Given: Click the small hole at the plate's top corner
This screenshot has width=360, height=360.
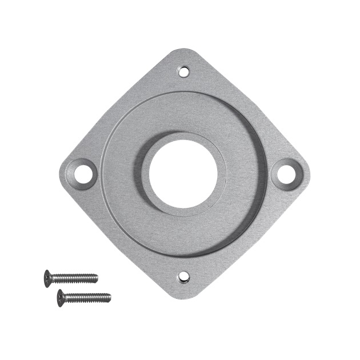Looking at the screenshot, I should pyautogui.click(x=183, y=72).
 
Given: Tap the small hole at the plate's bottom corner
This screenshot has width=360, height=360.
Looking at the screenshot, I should pyautogui.click(x=183, y=277).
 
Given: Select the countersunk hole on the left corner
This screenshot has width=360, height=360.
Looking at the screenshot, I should pyautogui.click(x=83, y=172).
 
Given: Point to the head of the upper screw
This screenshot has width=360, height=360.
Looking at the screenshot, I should pyautogui.click(x=48, y=278).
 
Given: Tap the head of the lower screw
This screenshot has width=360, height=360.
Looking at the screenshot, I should pyautogui.click(x=61, y=298).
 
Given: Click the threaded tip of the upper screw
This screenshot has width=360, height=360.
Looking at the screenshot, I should pyautogui.click(x=95, y=278).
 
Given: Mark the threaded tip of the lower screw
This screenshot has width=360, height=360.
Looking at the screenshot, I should pyautogui.click(x=109, y=297).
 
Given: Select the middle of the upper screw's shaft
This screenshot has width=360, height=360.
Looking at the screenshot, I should pyautogui.click(x=73, y=278).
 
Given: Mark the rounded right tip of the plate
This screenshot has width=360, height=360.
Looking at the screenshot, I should pyautogui.click(x=307, y=173).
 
